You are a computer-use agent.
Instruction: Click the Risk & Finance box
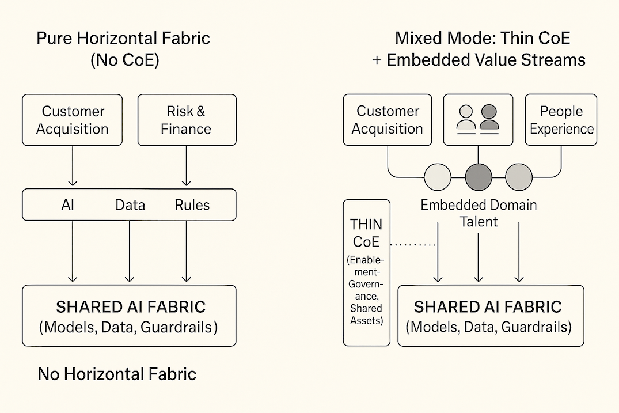tap(187, 120)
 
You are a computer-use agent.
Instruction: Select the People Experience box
tap(561, 120)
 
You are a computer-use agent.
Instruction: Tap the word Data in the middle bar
tap(130, 205)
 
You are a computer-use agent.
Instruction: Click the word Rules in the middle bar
tap(192, 205)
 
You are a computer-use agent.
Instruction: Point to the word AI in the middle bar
tap(67, 205)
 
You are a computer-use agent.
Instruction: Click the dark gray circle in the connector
tap(479, 177)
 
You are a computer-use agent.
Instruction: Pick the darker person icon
tap(489, 119)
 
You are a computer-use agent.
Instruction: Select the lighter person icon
tap(466, 119)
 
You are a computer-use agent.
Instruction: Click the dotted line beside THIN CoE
tap(413, 245)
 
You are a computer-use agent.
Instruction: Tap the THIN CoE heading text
tap(366, 233)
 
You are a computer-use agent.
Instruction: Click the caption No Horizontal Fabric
tap(117, 374)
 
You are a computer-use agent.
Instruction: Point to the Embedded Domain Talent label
tap(479, 213)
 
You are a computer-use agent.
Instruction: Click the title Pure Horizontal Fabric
tap(123, 38)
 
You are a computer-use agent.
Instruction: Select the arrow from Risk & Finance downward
tap(187, 166)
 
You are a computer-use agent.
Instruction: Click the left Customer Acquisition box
tap(72, 120)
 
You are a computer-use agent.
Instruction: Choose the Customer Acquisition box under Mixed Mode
tap(388, 120)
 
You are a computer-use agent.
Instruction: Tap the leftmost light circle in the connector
tap(438, 177)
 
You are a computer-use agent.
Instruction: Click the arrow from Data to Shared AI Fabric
tap(130, 251)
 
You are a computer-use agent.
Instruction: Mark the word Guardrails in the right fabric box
tap(536, 327)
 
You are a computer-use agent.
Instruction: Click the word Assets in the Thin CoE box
tap(366, 321)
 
